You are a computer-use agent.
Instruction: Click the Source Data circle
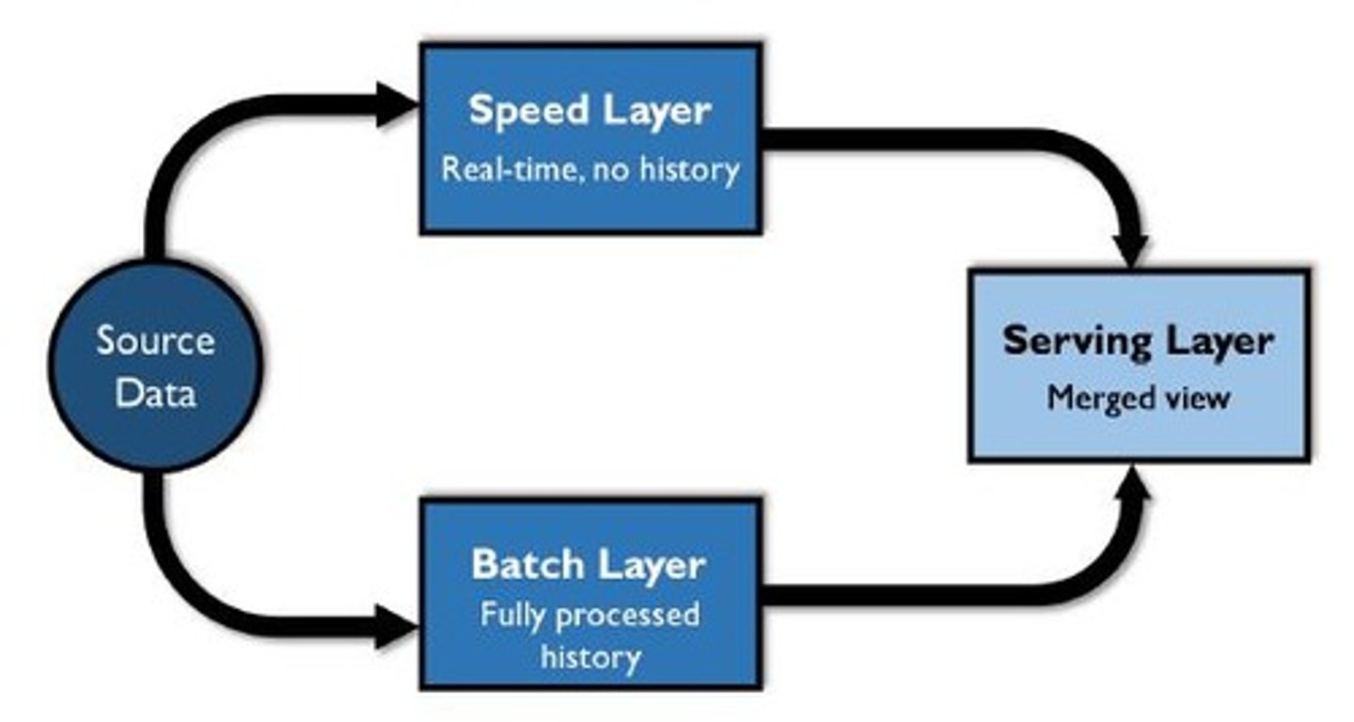(x=155, y=367)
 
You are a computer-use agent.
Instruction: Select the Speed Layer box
(x=590, y=138)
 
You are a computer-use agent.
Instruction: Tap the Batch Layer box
(x=590, y=594)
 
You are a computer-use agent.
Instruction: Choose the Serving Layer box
(x=1139, y=366)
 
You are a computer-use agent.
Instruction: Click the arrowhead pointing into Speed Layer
(x=395, y=105)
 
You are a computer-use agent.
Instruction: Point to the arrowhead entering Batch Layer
(x=395, y=625)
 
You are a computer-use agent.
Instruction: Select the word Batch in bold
(x=522, y=565)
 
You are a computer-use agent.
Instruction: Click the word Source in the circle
(x=155, y=341)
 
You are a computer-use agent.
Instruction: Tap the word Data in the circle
(x=155, y=392)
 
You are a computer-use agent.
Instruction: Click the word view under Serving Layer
(x=1195, y=399)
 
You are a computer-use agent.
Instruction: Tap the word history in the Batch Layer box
(x=590, y=656)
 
